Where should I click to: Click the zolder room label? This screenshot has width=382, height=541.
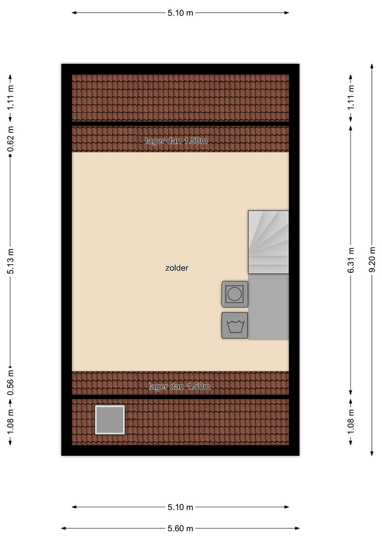(x=177, y=268)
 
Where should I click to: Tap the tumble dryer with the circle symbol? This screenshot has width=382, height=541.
(x=235, y=294)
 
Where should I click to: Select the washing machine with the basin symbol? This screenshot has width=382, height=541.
(x=235, y=325)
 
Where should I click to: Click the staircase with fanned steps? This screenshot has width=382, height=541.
(x=268, y=242)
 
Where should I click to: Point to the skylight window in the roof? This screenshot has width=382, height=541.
(x=110, y=419)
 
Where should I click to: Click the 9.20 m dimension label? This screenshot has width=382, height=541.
(x=372, y=259)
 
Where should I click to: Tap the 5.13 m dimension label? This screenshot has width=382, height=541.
(x=11, y=261)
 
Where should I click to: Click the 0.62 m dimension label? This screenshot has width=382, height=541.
(x=11, y=139)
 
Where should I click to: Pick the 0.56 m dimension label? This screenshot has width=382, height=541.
(x=11, y=383)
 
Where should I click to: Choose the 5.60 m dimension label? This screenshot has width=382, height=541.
(x=181, y=528)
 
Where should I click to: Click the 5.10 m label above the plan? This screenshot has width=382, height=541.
(x=181, y=13)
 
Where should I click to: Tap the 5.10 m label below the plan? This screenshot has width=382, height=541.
(x=181, y=507)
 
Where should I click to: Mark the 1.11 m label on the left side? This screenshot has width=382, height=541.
(x=11, y=97)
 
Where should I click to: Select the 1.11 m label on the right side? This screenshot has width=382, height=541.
(x=350, y=97)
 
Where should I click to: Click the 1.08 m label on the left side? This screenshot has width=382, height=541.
(x=11, y=422)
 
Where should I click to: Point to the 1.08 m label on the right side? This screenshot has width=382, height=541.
(x=350, y=422)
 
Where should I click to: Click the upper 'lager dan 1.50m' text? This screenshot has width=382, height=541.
(x=177, y=141)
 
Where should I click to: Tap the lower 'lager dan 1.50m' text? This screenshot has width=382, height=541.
(x=179, y=387)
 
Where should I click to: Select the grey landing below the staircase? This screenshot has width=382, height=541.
(x=268, y=307)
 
